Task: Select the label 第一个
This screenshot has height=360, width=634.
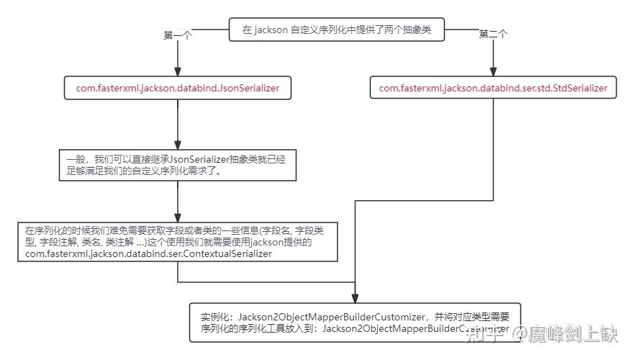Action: click(178, 35)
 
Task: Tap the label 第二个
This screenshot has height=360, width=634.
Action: click(494, 35)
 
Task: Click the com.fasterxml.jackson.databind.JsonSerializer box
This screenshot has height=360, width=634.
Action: click(178, 89)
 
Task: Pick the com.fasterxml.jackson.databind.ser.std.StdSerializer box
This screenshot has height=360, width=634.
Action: click(493, 89)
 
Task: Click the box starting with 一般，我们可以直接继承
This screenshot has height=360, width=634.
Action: click(178, 165)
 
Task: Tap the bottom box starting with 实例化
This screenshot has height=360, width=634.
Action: click(355, 322)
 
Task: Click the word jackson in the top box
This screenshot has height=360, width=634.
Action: click(271, 30)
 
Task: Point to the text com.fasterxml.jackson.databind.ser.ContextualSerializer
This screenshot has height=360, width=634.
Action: click(148, 253)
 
